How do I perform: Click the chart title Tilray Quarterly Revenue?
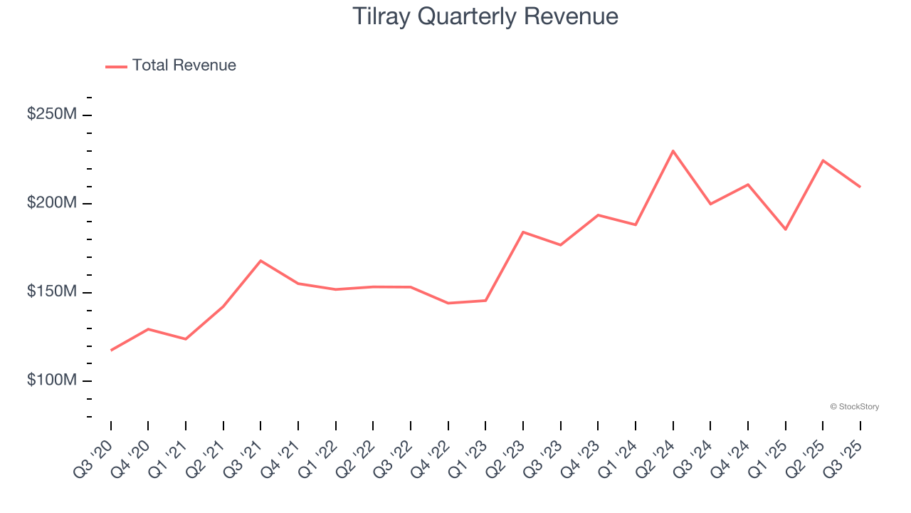point(485,16)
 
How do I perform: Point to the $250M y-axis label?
point(51,115)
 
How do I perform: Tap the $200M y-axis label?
point(51,203)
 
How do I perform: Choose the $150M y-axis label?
point(51,292)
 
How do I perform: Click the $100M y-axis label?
point(51,380)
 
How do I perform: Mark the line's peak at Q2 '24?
point(673,151)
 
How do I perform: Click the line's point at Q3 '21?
point(260,261)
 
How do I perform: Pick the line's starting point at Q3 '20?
point(111,351)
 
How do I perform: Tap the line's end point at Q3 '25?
point(860,187)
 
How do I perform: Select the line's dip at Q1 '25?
point(785,229)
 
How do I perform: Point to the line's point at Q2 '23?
point(523,232)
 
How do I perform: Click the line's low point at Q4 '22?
point(448,304)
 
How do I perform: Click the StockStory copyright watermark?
point(854,407)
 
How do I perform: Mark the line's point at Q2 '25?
point(823,160)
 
